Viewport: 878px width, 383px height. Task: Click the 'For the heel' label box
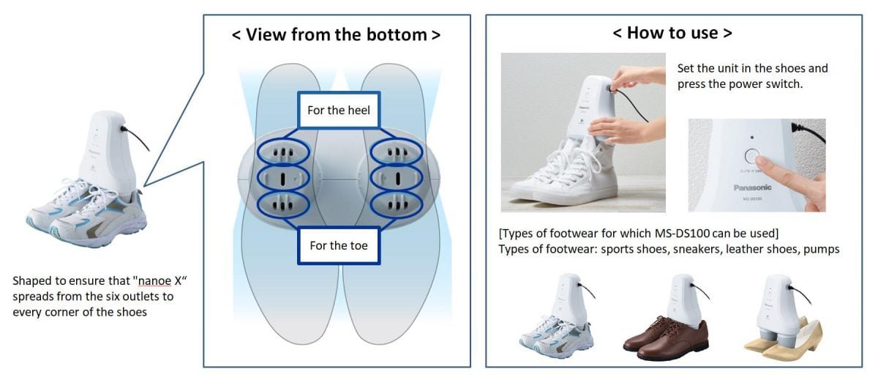pyautogui.click(x=339, y=111)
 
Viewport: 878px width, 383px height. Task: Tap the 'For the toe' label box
pyautogui.click(x=339, y=245)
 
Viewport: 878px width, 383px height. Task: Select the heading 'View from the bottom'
pyautogui.click(x=337, y=34)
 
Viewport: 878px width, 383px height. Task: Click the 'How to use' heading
pyautogui.click(x=672, y=33)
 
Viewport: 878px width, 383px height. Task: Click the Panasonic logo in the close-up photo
pyautogui.click(x=752, y=187)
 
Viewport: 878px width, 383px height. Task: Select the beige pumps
pyautogui.click(x=783, y=341)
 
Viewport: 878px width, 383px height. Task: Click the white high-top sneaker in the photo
pyautogui.click(x=564, y=173)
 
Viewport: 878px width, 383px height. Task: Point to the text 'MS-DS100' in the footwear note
pyautogui.click(x=682, y=234)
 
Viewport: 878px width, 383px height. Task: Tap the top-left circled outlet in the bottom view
pyautogui.click(x=283, y=152)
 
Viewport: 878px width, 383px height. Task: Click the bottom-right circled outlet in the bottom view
pyautogui.click(x=397, y=204)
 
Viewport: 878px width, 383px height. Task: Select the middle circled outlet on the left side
pyautogui.click(x=283, y=178)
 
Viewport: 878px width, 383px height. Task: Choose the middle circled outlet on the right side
pyautogui.click(x=397, y=178)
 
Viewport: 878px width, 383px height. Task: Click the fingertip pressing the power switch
pyautogui.click(x=762, y=160)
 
